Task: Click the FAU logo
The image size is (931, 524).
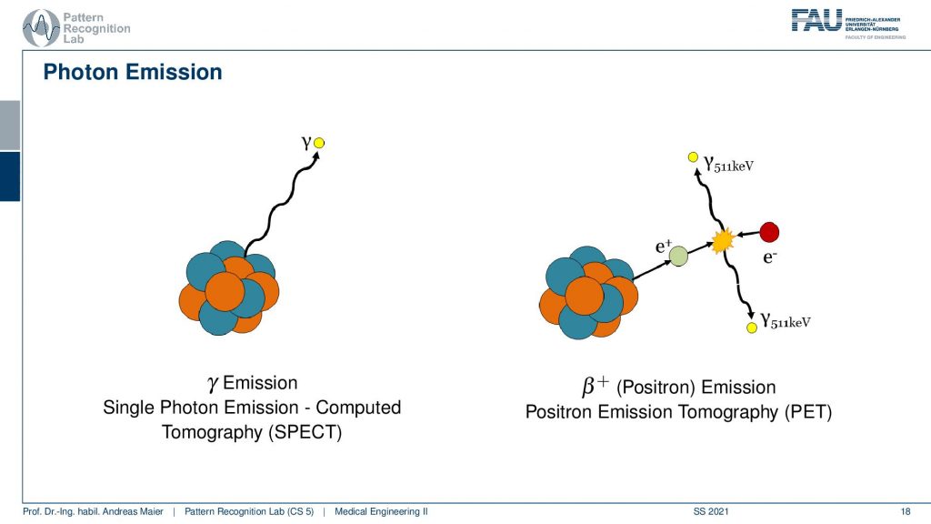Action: point(848,24)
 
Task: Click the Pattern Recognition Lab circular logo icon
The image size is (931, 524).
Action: point(40,28)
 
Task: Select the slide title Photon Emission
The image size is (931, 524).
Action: point(133,72)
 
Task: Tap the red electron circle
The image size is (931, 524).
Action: point(769,232)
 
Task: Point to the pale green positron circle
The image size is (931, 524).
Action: point(678,256)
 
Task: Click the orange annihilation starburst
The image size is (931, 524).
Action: point(723,240)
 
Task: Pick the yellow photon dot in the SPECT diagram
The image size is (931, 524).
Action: point(319,143)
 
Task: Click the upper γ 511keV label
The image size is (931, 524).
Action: point(728,164)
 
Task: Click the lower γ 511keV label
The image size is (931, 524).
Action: point(786,321)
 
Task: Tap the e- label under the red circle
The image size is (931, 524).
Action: point(769,257)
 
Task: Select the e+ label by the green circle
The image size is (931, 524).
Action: point(663,246)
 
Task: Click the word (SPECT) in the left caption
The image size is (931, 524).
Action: point(305,432)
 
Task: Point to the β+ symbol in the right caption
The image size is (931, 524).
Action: point(596,385)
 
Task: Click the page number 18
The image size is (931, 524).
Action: point(906,511)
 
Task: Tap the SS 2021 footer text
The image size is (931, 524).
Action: point(711,511)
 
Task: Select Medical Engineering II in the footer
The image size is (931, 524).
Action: point(381,511)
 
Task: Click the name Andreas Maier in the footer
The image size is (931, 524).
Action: point(136,511)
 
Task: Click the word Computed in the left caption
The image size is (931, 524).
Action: point(358,408)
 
